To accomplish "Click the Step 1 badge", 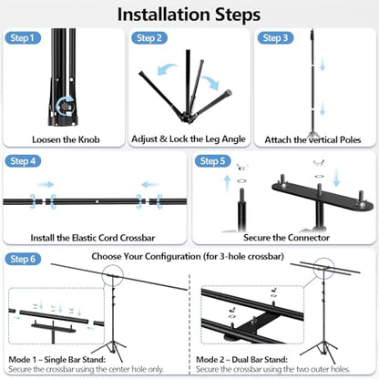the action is click(x=23, y=38).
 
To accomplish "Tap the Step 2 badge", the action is click(x=149, y=38).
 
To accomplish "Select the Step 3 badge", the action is click(x=275, y=38).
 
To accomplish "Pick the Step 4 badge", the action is click(x=23, y=161).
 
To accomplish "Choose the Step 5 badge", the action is click(x=212, y=161).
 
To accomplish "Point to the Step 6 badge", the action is click(x=23, y=259).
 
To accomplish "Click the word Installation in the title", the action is click(x=164, y=15).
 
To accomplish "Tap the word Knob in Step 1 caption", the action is click(x=89, y=139).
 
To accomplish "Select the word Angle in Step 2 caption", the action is click(x=233, y=139).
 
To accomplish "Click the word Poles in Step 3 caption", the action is click(x=350, y=140).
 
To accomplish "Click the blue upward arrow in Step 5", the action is click(x=227, y=184).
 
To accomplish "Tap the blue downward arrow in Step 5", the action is click(x=336, y=178).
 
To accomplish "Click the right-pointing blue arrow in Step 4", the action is click(x=46, y=184).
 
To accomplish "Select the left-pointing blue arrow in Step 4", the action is click(x=150, y=184).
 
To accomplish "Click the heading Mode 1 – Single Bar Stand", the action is click(x=57, y=360).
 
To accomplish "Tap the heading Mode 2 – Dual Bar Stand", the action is click(x=241, y=360).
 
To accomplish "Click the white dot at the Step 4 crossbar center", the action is click(x=97, y=201).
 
